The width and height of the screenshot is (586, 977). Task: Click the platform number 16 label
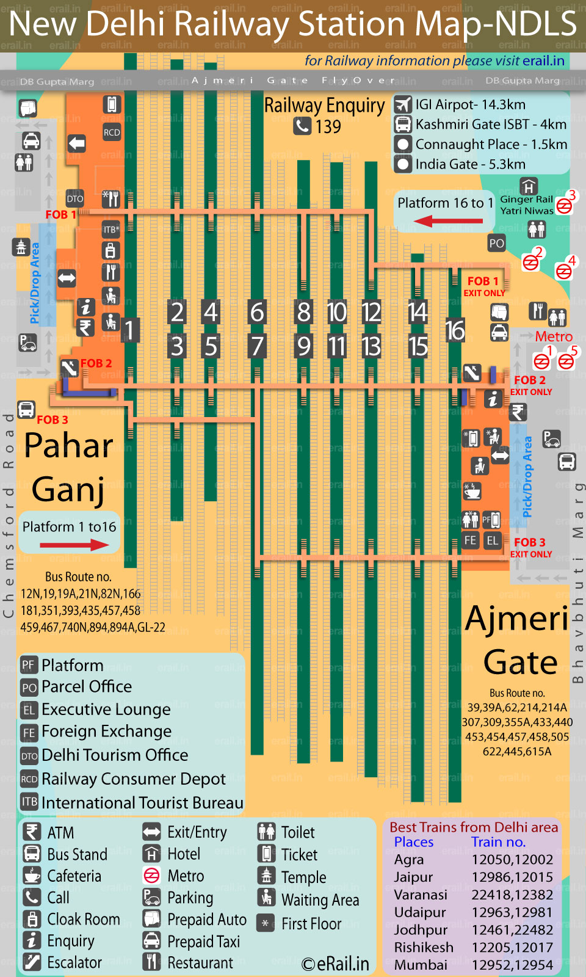click(455, 330)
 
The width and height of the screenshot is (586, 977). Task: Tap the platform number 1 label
click(129, 330)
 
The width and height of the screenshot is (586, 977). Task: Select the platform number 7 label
click(257, 346)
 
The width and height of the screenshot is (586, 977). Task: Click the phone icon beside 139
click(302, 126)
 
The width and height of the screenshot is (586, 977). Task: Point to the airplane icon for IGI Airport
click(403, 105)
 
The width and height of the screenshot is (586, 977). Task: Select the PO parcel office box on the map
click(496, 243)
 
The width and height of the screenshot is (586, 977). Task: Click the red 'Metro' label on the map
click(554, 336)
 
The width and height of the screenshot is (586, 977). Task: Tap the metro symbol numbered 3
click(565, 206)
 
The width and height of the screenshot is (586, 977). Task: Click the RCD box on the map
click(112, 133)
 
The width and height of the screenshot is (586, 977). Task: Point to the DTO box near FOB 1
click(75, 198)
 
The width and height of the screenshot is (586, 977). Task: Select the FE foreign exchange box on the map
click(470, 540)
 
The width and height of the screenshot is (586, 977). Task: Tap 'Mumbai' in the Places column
click(421, 965)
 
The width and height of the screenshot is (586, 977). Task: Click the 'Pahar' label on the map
click(69, 445)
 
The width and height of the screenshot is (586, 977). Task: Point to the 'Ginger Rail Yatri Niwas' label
click(527, 205)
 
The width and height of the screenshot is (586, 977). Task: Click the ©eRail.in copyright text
click(335, 964)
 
